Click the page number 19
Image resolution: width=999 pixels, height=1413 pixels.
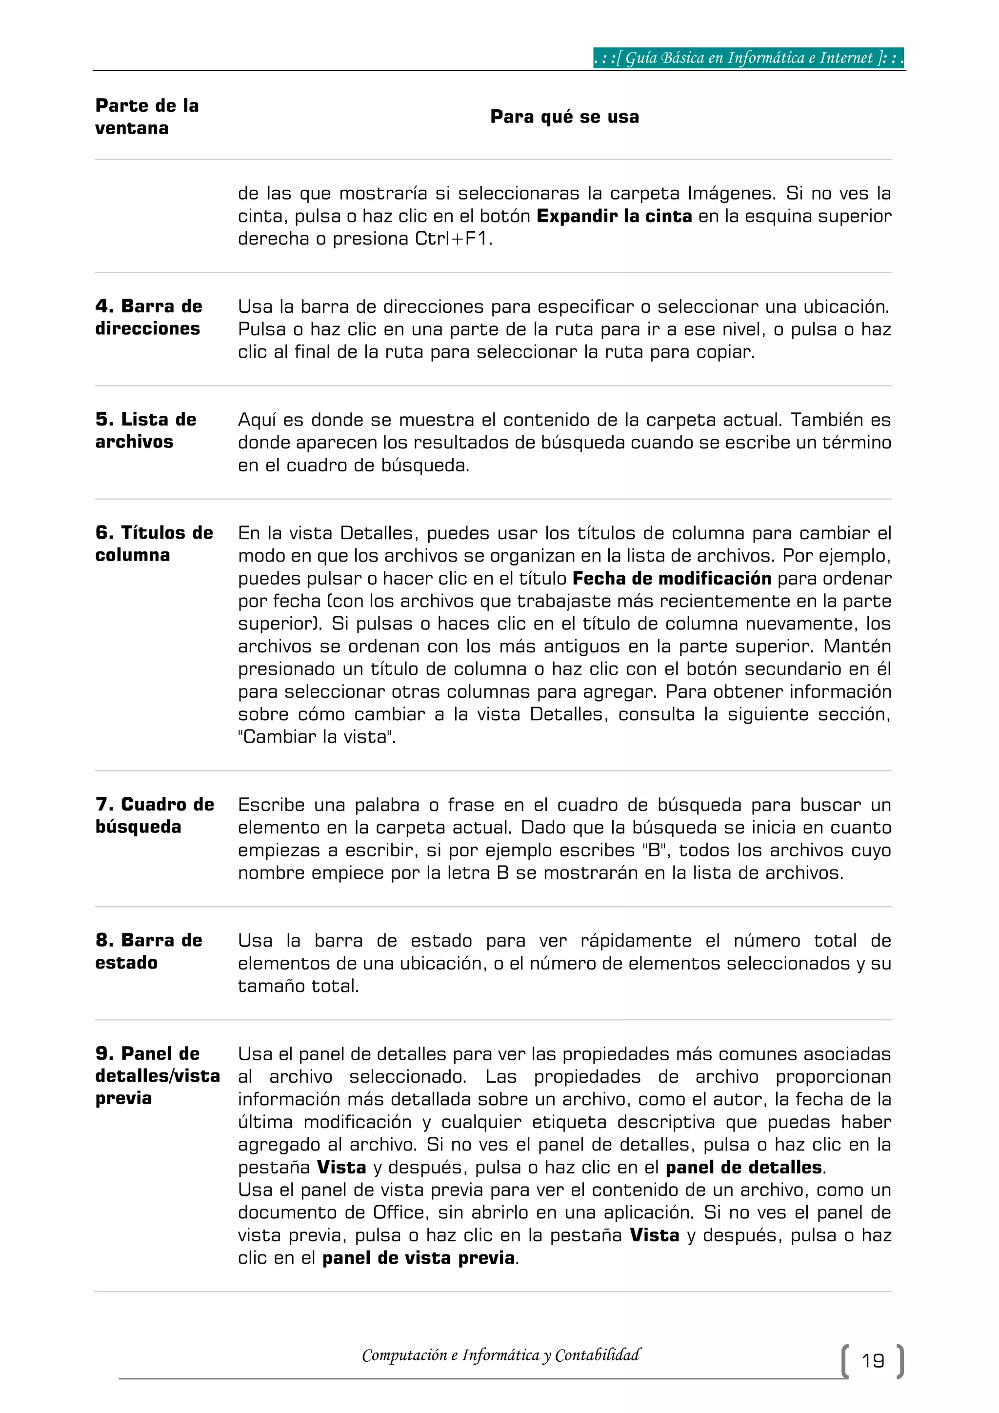(872, 1360)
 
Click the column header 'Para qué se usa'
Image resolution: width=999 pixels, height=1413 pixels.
(564, 117)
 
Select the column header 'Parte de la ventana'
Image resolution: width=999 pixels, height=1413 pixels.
(147, 117)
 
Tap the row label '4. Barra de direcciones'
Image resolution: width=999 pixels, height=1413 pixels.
(148, 318)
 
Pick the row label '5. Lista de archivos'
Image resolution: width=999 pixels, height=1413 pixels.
(146, 431)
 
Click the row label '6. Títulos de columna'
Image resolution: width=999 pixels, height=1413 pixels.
(154, 544)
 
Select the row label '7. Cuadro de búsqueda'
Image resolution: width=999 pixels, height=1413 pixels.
(155, 815)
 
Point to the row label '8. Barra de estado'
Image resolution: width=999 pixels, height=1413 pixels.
(148, 951)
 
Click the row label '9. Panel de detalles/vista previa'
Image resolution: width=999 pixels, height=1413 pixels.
(157, 1076)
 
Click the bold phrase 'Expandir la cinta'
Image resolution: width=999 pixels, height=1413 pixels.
(614, 217)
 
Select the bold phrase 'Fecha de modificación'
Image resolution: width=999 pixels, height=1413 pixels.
(671, 579)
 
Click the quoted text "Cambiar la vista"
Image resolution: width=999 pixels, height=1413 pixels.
(317, 737)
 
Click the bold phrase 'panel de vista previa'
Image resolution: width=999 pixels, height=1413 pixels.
(419, 1258)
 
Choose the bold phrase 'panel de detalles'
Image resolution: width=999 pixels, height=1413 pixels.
(743, 1168)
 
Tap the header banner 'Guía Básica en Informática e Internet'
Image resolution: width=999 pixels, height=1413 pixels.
(749, 59)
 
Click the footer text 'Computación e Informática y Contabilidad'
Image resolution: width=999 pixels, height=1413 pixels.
(501, 1355)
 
